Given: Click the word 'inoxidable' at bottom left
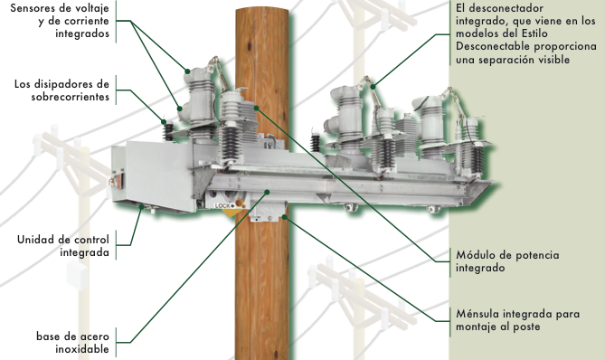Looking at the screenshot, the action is coord(81,349).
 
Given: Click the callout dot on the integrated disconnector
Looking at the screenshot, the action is coord(373,87).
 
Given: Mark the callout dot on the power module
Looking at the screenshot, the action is coord(257,108).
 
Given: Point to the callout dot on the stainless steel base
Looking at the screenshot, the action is coord(267,192).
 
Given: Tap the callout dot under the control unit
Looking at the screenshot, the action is coord(142,207).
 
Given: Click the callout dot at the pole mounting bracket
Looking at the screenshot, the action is coord(284,217).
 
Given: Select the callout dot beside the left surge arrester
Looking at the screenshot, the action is coord(164,122).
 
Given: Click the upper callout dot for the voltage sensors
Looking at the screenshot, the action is coord(187,71).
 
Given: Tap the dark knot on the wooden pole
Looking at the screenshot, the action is coord(249,46).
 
